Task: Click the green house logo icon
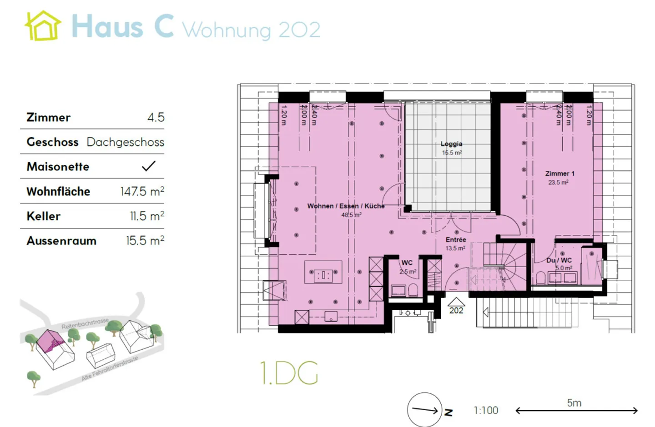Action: click(x=42, y=26)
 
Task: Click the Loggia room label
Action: click(x=451, y=144)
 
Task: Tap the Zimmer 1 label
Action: click(x=559, y=174)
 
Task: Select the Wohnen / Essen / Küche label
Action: click(x=346, y=206)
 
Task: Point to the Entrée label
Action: click(x=456, y=240)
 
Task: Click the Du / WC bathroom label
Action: click(x=559, y=260)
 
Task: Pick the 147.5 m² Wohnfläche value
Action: click(x=142, y=192)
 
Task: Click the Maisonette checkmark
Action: click(x=149, y=166)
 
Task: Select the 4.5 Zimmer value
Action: click(x=156, y=118)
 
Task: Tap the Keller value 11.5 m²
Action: click(x=147, y=216)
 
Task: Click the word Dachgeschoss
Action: click(x=125, y=142)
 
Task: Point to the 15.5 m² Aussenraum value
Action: click(x=145, y=241)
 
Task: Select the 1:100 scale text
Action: click(x=486, y=411)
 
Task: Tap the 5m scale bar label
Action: click(x=574, y=403)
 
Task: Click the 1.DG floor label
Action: click(x=289, y=373)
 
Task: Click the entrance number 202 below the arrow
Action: click(x=456, y=311)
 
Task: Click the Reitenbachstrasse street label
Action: click(x=85, y=323)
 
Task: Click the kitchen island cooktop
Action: click(x=323, y=274)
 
